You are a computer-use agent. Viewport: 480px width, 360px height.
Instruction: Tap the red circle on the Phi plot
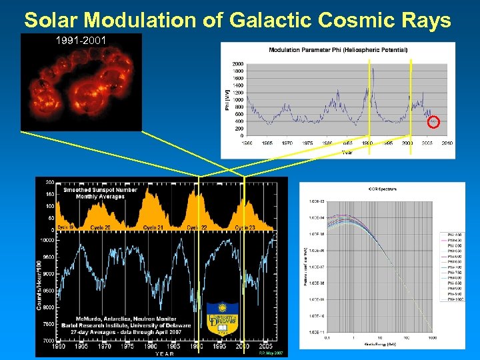pyautogui.click(x=433, y=121)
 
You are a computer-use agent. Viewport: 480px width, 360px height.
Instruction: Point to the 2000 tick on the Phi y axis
pyautogui.click(x=238, y=65)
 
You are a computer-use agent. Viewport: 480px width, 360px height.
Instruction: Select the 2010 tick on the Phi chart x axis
pyautogui.click(x=447, y=143)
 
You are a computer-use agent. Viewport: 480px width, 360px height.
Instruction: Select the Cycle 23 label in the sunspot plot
pyautogui.click(x=245, y=227)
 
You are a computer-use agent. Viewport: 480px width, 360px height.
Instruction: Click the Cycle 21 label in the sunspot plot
pyautogui.click(x=153, y=227)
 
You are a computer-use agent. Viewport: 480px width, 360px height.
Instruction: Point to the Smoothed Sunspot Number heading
pyautogui.click(x=100, y=190)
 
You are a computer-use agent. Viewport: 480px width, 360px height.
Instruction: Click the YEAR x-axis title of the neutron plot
pyautogui.click(x=163, y=354)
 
